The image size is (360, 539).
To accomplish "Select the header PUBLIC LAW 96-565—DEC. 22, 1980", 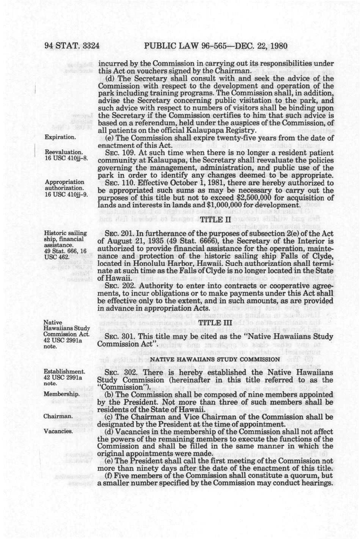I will [x=216, y=47].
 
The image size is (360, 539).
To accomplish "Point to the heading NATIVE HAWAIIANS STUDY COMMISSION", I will [x=216, y=359].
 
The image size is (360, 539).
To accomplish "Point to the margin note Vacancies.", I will [x=58, y=431].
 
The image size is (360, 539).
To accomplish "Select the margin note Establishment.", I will [x=65, y=372].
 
